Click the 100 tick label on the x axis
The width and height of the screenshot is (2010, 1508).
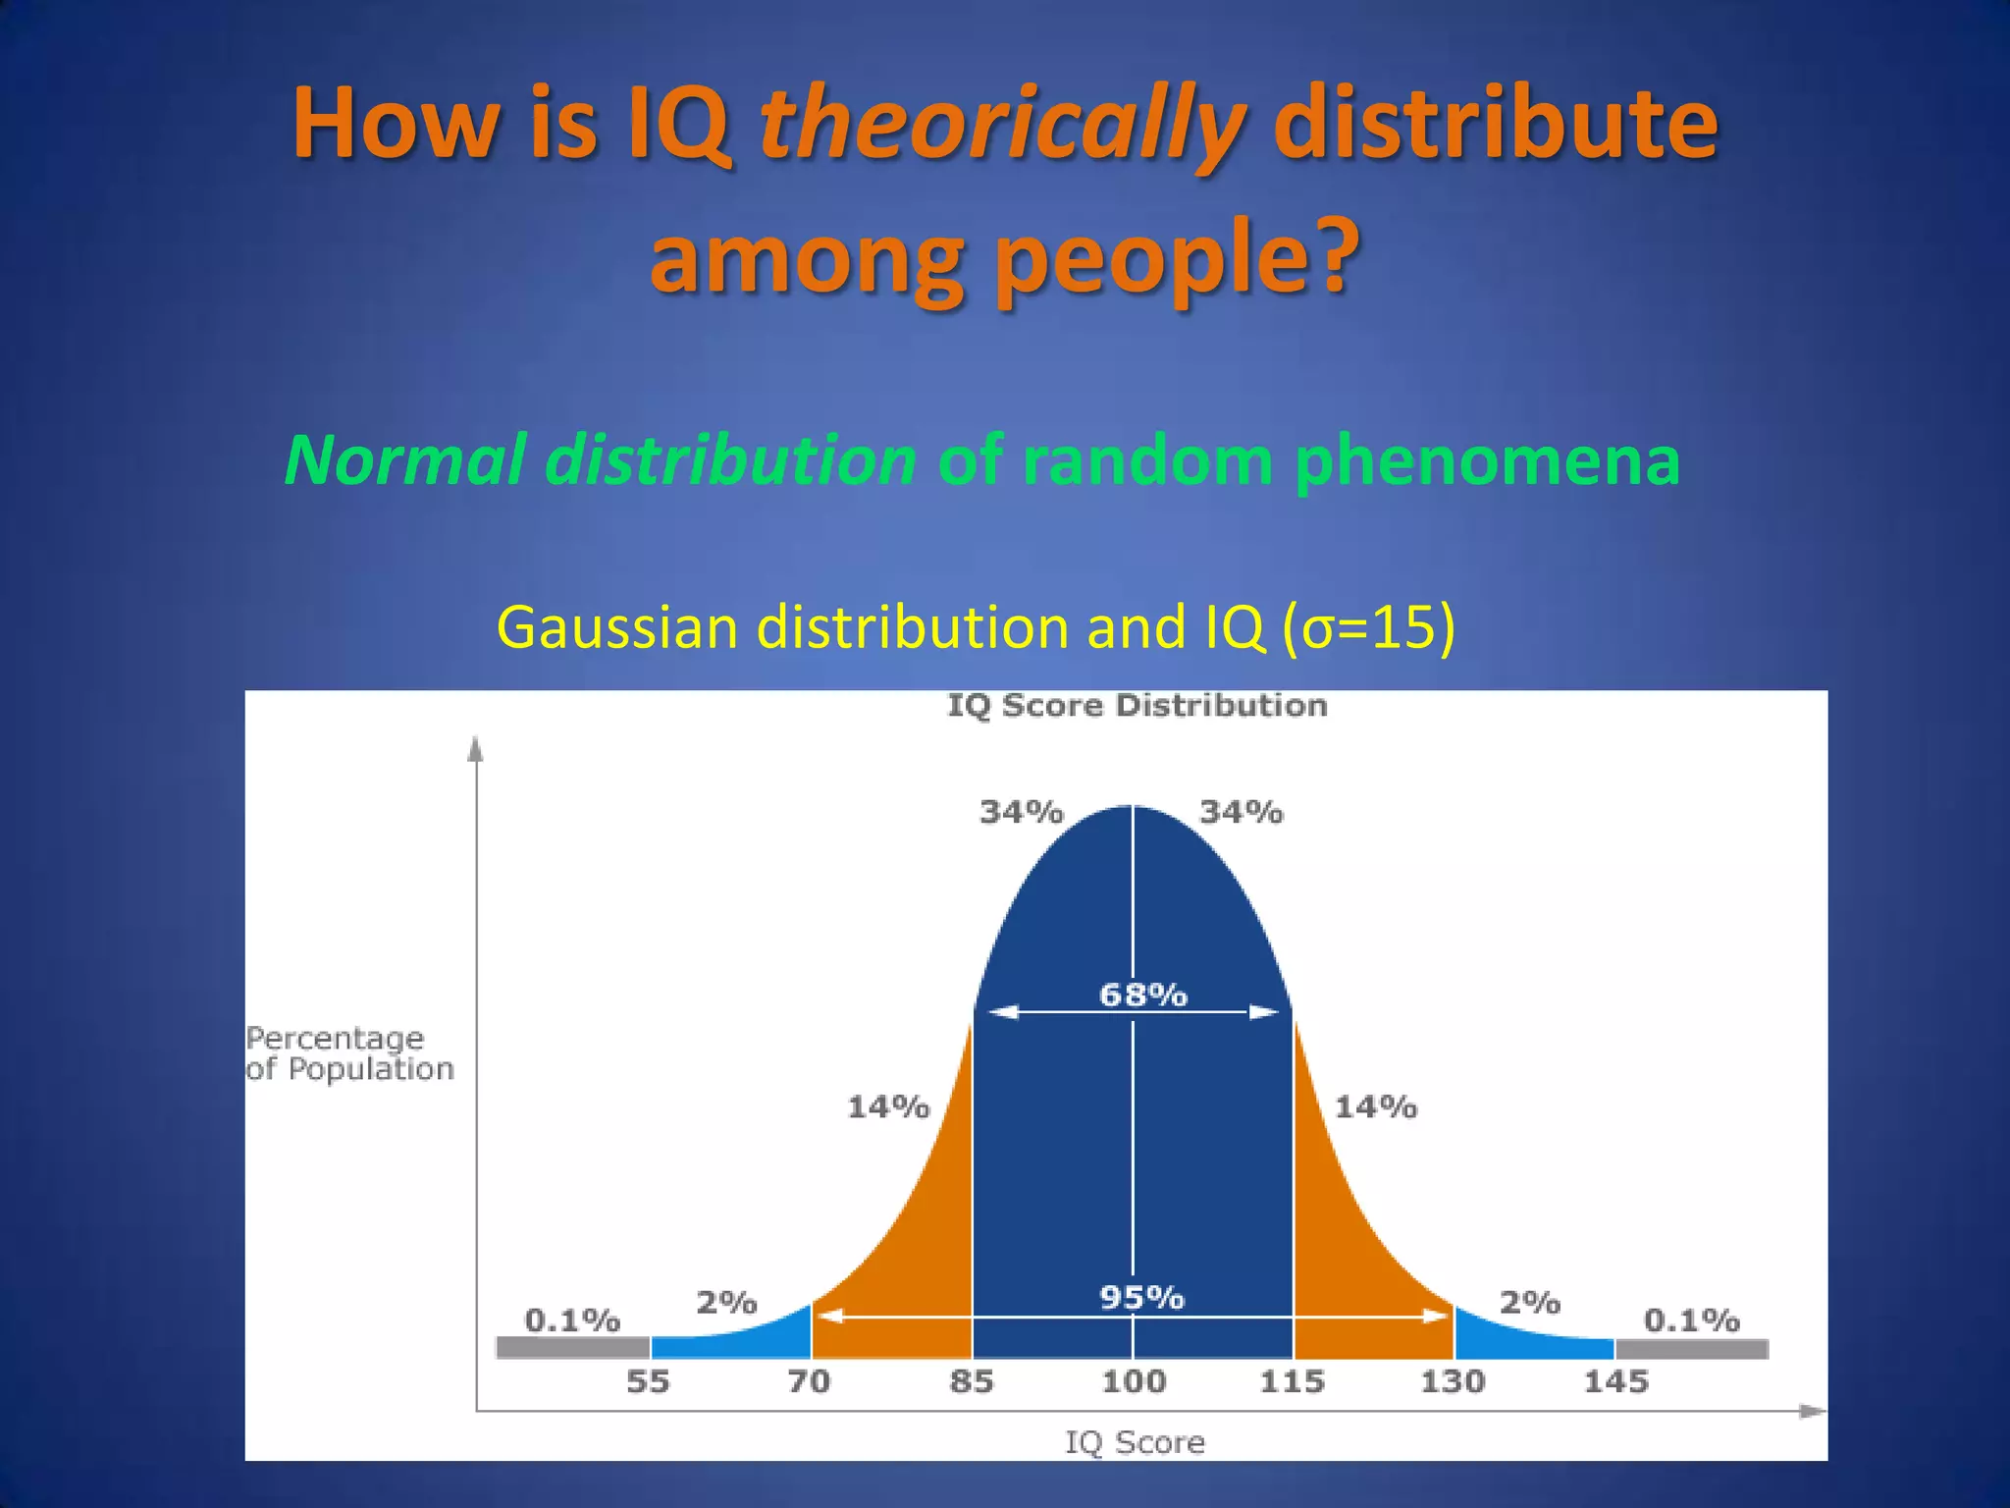(x=1133, y=1381)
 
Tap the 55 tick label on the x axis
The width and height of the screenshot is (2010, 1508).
(x=648, y=1381)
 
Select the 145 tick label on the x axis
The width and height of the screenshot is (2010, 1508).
(x=1615, y=1381)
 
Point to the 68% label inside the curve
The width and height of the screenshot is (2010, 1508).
(x=1142, y=995)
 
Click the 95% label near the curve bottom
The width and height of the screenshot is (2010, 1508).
(x=1141, y=1297)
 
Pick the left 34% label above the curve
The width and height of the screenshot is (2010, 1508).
(x=1022, y=812)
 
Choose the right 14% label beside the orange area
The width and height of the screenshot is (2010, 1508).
(x=1375, y=1107)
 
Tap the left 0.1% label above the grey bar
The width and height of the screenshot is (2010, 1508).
(x=572, y=1319)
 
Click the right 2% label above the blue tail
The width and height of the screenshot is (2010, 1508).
(x=1529, y=1303)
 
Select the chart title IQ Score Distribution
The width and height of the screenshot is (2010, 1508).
(x=1137, y=705)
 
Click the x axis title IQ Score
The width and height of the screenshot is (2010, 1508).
(x=1135, y=1442)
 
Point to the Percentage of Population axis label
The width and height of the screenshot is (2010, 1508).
(x=349, y=1052)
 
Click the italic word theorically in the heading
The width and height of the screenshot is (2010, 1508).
(x=1001, y=125)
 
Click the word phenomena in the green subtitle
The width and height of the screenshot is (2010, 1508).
(x=1486, y=459)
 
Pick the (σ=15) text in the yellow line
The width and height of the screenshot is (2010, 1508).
(x=1368, y=626)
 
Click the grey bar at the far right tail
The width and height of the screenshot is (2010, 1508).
(x=1690, y=1349)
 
